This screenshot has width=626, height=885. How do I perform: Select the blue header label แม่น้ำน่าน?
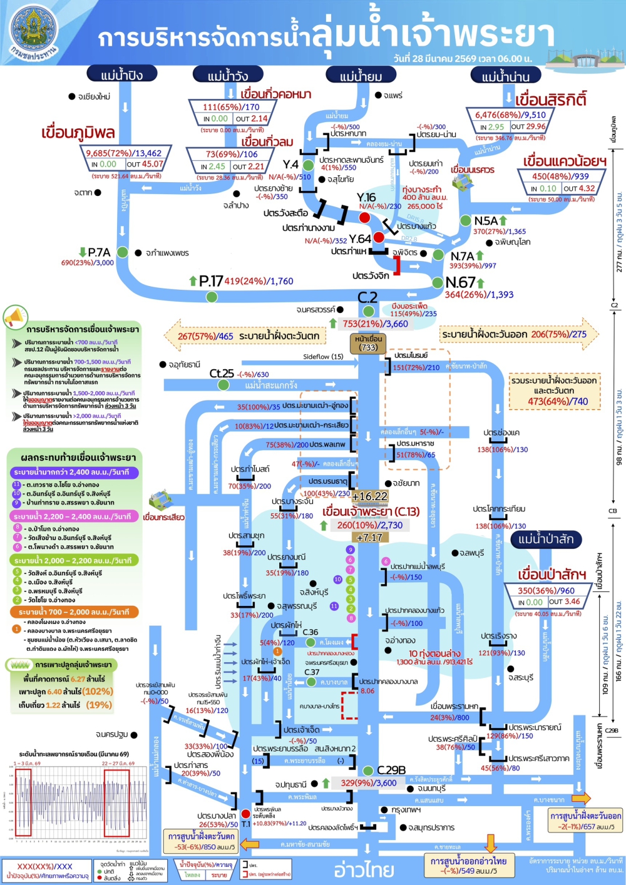506,76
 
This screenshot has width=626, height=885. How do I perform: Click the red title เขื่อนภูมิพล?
78,133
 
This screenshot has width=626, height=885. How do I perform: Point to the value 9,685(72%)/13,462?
124,153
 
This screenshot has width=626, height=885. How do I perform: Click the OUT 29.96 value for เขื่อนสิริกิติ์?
528,126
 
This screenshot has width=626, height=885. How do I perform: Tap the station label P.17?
211,282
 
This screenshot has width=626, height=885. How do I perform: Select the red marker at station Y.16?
364,217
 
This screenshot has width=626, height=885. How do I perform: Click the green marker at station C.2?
368,311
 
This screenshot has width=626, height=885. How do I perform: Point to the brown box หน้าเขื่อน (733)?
368,343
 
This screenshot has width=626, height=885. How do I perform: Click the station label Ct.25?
222,374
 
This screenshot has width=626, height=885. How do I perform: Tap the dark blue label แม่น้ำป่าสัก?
546,539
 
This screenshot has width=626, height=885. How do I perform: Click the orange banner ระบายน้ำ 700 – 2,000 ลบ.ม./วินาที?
74,611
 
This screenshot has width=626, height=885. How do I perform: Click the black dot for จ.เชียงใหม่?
72,96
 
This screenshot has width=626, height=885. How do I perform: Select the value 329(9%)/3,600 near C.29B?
369,783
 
